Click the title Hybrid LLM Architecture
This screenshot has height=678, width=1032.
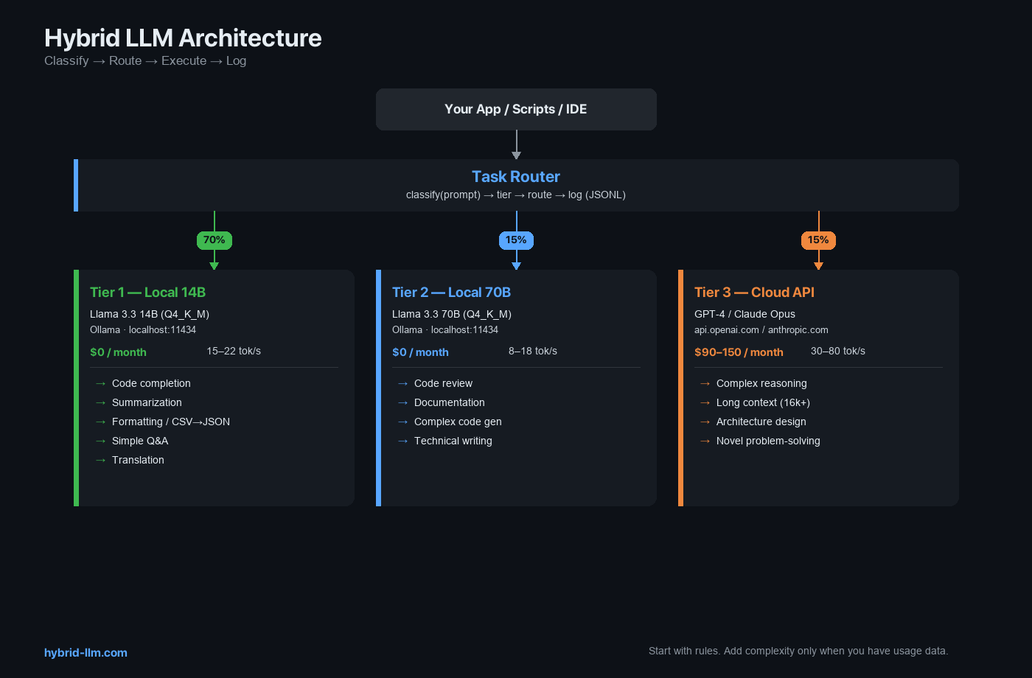(x=183, y=38)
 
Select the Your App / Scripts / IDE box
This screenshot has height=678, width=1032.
(x=516, y=109)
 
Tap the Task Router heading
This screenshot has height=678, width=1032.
(x=516, y=177)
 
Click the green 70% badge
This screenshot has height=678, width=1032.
(x=214, y=240)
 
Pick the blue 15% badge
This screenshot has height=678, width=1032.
(x=516, y=240)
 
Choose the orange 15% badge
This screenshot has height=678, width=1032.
(x=818, y=240)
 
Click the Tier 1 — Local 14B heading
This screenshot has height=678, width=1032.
(x=147, y=293)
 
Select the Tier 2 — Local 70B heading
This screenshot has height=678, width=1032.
(x=451, y=293)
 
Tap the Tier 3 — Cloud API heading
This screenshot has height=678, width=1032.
(x=754, y=293)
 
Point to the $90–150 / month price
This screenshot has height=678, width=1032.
(x=739, y=352)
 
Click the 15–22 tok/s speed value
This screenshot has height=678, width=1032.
(x=234, y=351)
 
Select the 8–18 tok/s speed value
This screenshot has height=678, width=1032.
(x=532, y=351)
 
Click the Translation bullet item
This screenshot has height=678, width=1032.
(x=138, y=460)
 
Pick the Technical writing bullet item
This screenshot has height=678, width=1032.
(x=453, y=441)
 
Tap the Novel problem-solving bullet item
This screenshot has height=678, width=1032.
(x=768, y=441)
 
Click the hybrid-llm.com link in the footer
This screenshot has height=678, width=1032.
(x=86, y=653)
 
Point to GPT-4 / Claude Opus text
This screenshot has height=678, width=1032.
(x=745, y=314)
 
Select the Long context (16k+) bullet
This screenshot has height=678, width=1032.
(x=763, y=402)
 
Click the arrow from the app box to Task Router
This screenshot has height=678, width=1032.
(x=516, y=144)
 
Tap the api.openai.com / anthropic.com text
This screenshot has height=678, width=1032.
(x=761, y=330)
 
